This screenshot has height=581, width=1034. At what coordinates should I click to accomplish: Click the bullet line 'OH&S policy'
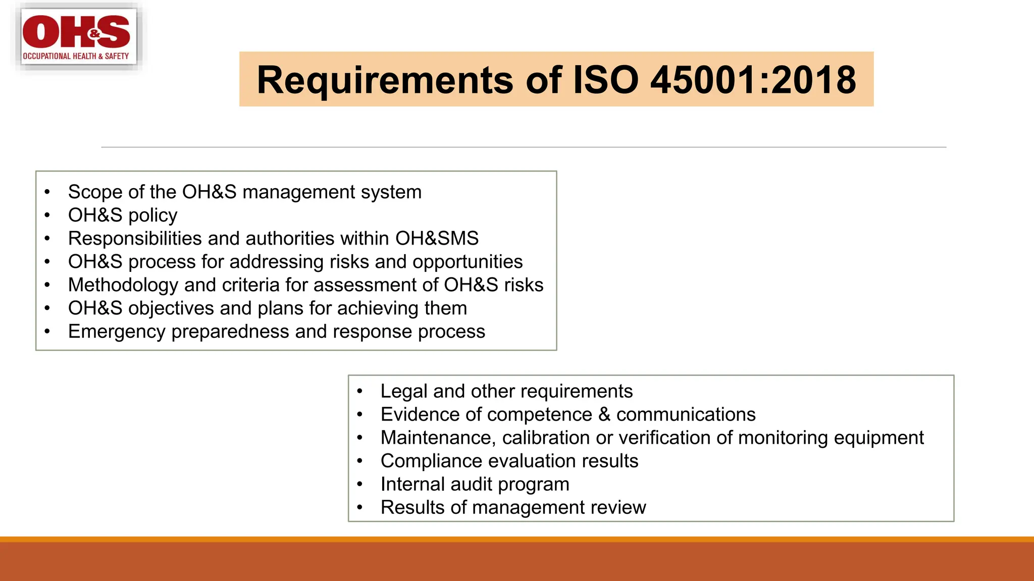click(x=123, y=215)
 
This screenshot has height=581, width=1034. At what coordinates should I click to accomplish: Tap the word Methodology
click(x=123, y=285)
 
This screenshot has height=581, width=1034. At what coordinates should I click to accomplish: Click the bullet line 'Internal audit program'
click(x=475, y=484)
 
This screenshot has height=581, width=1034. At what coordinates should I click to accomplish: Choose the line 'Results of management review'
click(x=513, y=507)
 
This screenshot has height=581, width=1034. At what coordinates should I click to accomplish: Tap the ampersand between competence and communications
click(x=604, y=415)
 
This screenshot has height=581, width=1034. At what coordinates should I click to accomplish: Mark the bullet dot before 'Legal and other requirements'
click(x=359, y=391)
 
